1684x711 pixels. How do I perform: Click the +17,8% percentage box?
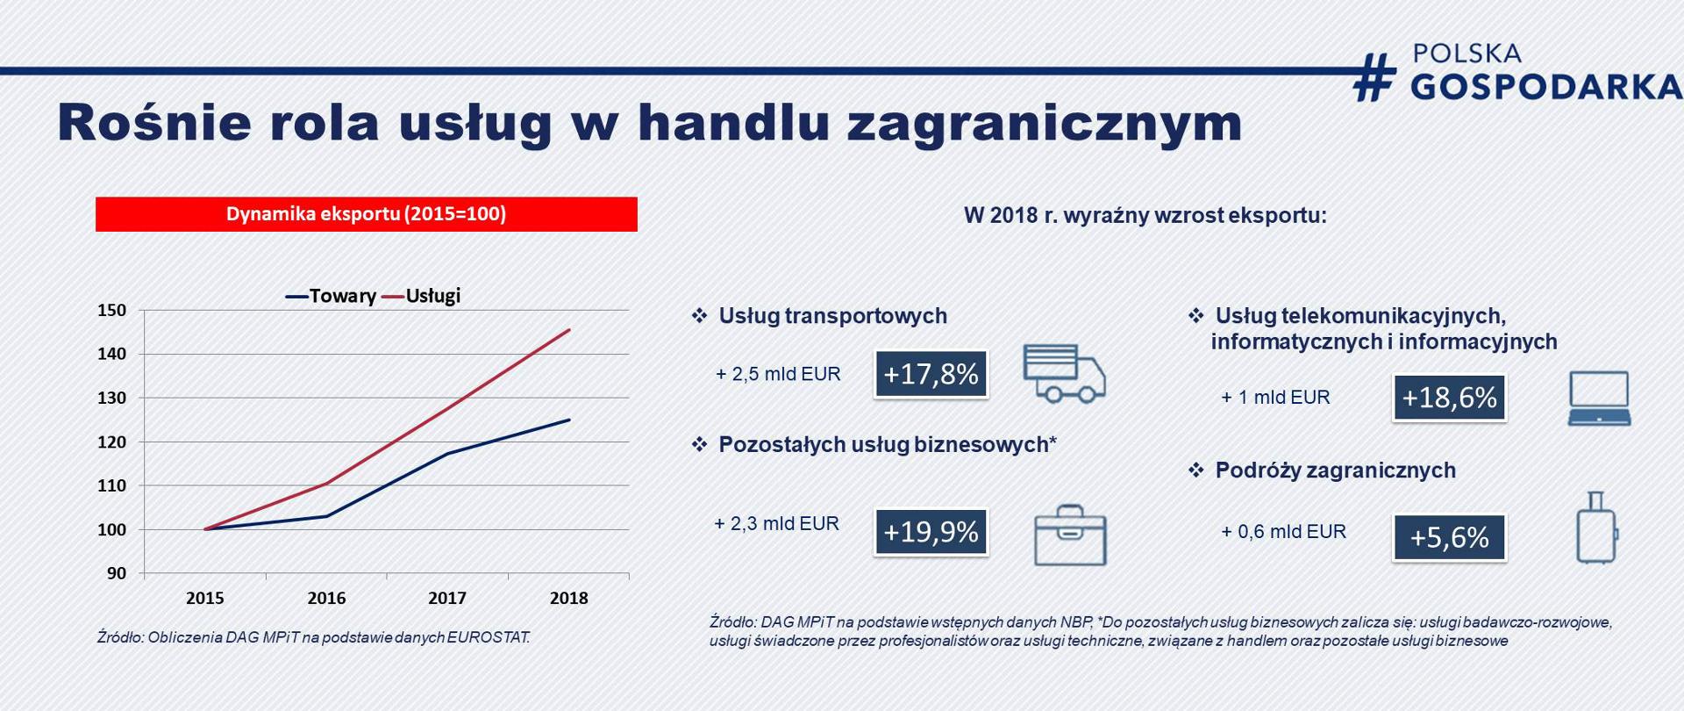pos(931,374)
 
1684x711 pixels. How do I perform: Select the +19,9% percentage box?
pos(931,532)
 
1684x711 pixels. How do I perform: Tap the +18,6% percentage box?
pos(1449,398)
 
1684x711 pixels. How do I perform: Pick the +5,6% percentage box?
pos(1449,537)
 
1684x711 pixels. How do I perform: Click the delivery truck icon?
pos(1064,373)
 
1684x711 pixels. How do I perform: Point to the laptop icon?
pos(1599,399)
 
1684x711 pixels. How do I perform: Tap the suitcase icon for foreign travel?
pos(1596,528)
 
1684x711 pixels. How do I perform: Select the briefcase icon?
pos(1070,535)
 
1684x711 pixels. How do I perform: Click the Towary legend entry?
pos(332,296)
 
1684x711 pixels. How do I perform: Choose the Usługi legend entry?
pos(422,296)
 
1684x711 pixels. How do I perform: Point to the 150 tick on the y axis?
pos(111,310)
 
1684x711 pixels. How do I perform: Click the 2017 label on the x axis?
pos(447,598)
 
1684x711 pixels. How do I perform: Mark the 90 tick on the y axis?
pos(117,573)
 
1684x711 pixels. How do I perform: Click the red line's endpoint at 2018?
pos(570,330)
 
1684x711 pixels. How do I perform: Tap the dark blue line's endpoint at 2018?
pos(570,420)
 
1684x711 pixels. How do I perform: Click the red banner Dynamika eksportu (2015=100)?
pos(366,214)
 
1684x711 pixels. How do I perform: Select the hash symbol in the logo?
pos(1374,76)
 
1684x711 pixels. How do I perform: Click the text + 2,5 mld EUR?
pos(778,374)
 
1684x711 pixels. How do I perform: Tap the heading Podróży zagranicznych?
pos(1335,470)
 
